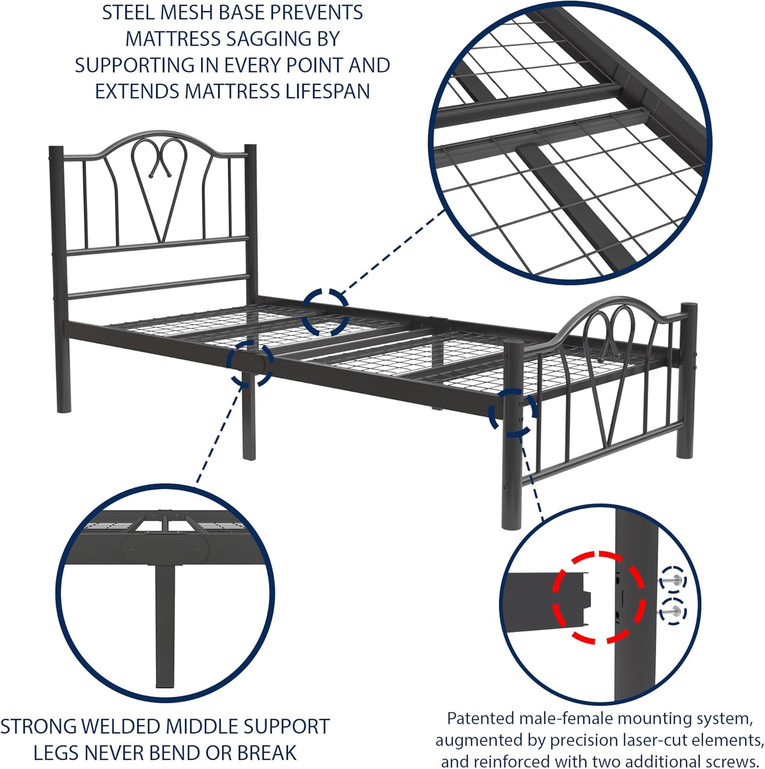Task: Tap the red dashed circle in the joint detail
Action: pyautogui.click(x=598, y=597)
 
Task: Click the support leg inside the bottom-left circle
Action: pyautogui.click(x=165, y=625)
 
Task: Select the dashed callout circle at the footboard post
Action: pyautogui.click(x=513, y=413)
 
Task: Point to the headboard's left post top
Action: pyautogui.click(x=56, y=150)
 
